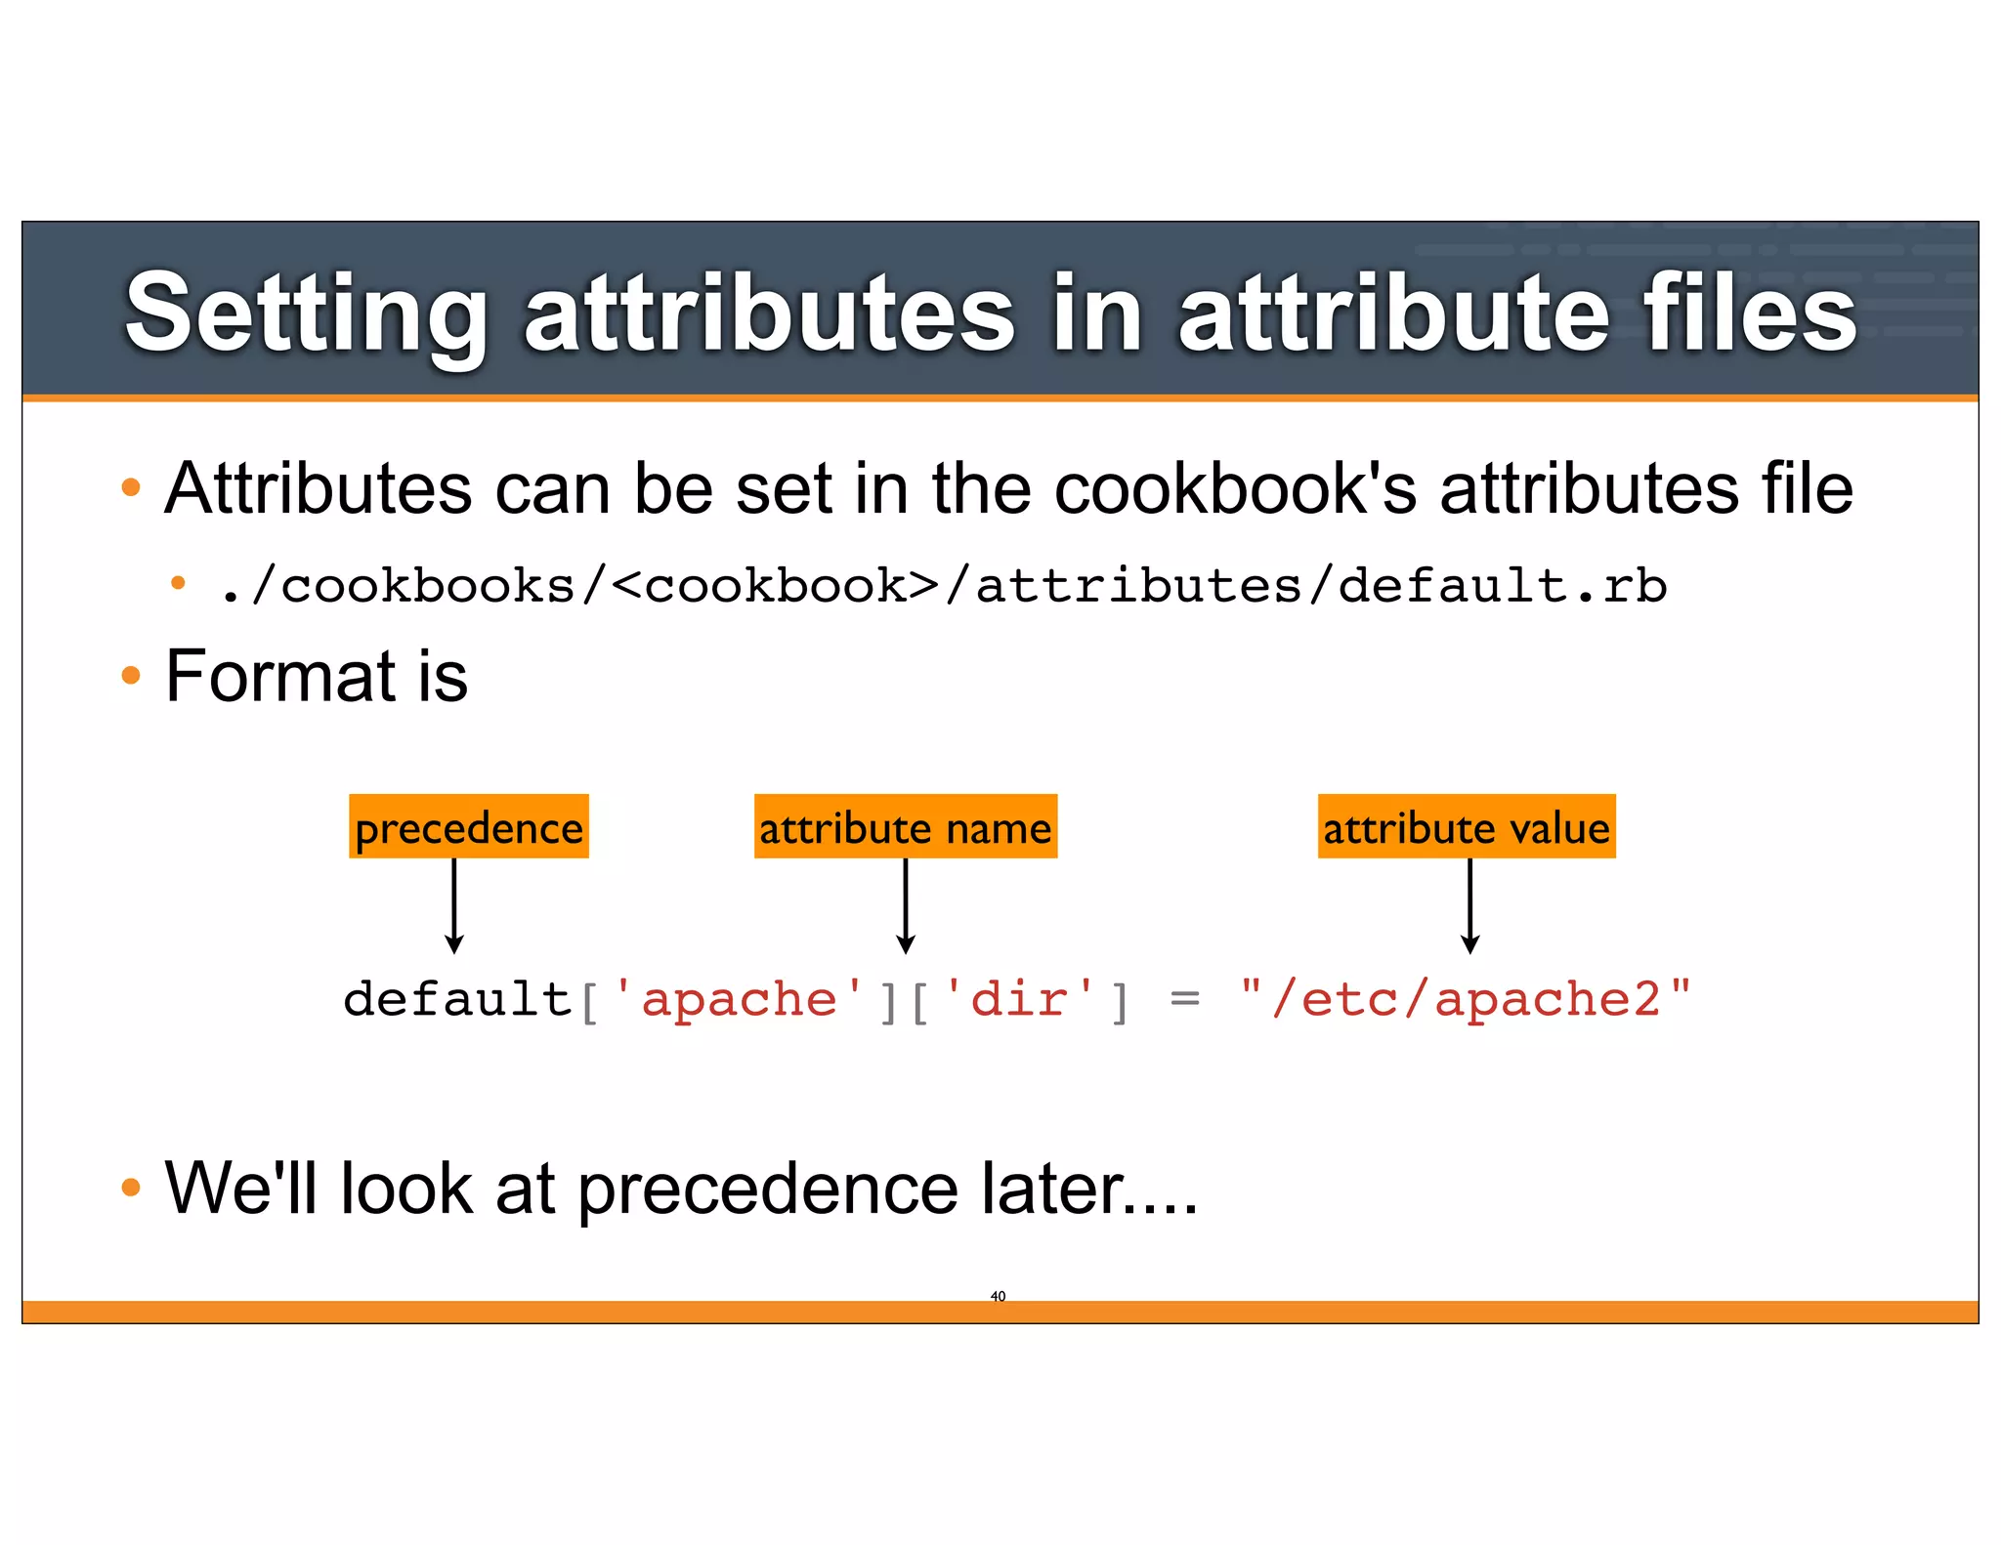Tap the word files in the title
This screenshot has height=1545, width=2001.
pyautogui.click(x=1749, y=314)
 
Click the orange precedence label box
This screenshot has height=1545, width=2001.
pyautogui.click(x=469, y=827)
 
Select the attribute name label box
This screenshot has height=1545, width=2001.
pyautogui.click(x=905, y=827)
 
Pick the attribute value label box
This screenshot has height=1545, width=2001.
pyautogui.click(x=1466, y=827)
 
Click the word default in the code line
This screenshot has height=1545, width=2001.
pyautogui.click(x=457, y=999)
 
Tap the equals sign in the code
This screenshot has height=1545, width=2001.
pyautogui.click(x=1184, y=999)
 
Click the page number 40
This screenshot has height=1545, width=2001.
pyautogui.click(x=998, y=1296)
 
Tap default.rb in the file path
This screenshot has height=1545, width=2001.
pyautogui.click(x=1502, y=586)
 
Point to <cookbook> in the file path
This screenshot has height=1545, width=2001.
pyautogui.click(x=777, y=586)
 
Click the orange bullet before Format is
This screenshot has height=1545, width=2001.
pyautogui.click(x=131, y=675)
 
